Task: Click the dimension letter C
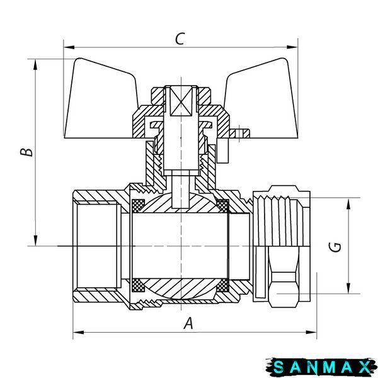click(180, 39)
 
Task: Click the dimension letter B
click(26, 152)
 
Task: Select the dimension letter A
click(188, 323)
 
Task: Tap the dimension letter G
click(335, 247)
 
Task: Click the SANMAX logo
click(321, 367)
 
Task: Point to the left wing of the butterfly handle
click(101, 101)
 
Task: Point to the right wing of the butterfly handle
click(261, 101)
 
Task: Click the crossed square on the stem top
click(181, 101)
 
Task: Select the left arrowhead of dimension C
click(69, 47)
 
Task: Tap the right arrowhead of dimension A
click(311, 332)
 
